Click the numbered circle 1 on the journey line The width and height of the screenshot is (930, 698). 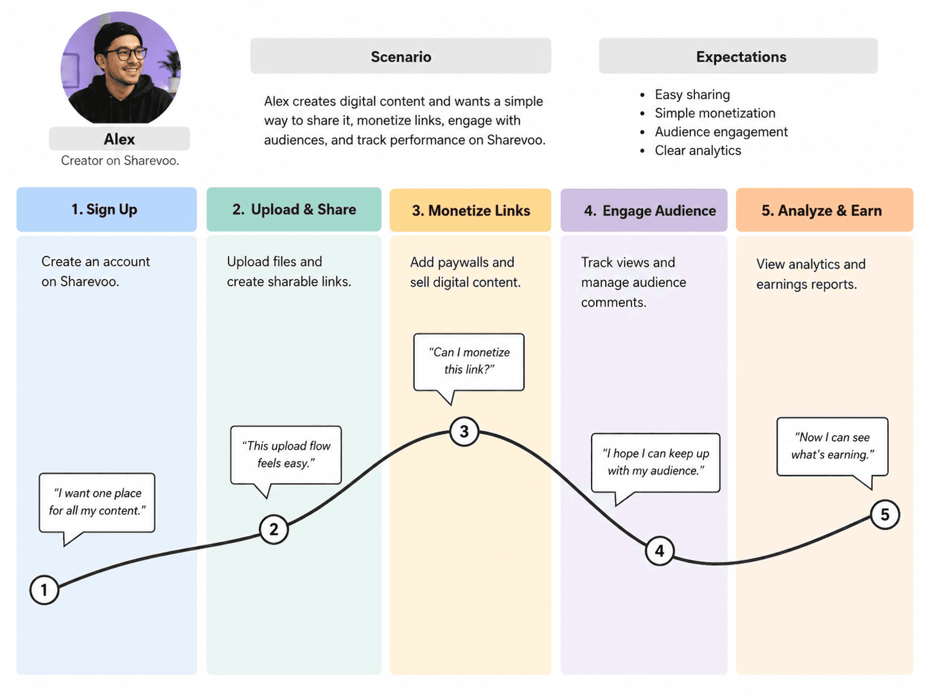pos(44,590)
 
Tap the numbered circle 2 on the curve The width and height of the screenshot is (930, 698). pos(274,530)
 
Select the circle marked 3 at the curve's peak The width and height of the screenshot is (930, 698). pos(464,431)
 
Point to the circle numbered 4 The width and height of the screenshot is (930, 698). pos(660,551)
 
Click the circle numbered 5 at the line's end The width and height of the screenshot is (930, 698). pos(885,515)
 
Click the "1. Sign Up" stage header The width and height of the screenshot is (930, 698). pos(107,210)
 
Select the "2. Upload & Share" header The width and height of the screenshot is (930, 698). pos(294,210)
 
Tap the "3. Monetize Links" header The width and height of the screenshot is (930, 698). pos(470,210)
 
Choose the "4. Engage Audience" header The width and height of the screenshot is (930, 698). pos(644,210)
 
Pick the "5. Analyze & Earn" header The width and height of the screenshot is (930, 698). pos(825,210)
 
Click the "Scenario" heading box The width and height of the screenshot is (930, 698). pos(401,56)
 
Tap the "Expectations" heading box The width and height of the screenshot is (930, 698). pos(739,56)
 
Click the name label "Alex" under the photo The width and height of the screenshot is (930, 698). pos(119,139)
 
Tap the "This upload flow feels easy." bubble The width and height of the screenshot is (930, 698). pos(286,455)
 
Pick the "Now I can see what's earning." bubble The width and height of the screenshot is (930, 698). pos(832,446)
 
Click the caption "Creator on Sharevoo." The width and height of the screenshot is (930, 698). pos(120,161)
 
